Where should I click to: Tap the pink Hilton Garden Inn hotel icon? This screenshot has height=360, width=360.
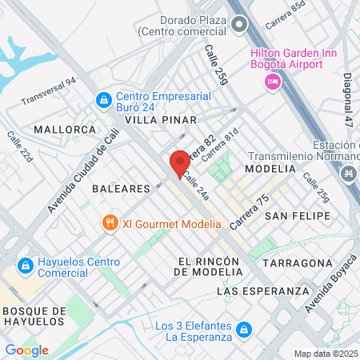273,81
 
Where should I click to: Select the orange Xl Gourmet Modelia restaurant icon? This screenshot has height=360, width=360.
110,223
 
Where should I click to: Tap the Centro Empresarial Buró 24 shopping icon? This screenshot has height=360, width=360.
103,100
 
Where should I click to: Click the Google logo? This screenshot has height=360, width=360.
26,350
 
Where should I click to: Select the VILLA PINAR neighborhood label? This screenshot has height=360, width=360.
160,120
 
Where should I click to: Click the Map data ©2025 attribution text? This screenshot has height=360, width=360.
326,354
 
